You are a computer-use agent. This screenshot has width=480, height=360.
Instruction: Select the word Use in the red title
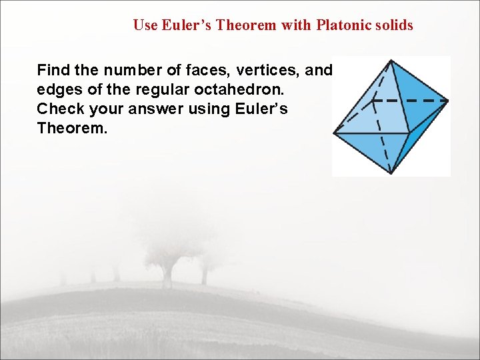click(x=145, y=26)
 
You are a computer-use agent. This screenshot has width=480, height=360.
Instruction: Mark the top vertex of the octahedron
click(x=390, y=61)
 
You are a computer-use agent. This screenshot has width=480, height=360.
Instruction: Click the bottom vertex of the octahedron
click(x=391, y=173)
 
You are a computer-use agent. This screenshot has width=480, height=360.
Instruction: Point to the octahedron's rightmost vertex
click(x=447, y=101)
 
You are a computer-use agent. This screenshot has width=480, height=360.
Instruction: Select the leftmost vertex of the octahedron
click(x=334, y=133)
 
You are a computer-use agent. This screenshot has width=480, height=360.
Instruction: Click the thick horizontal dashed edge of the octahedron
click(x=409, y=101)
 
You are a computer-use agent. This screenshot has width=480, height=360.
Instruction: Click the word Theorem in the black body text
click(x=70, y=127)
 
